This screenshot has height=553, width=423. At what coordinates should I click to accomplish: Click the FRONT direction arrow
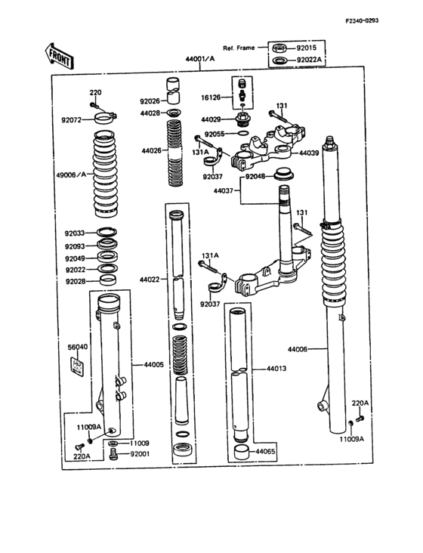[x=60, y=54]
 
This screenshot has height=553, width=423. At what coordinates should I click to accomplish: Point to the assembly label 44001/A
[x=199, y=58]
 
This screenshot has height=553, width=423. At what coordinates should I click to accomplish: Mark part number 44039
[x=310, y=153]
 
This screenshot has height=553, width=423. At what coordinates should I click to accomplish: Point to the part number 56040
[x=77, y=347]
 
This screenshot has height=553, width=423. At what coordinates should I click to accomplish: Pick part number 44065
[x=265, y=452]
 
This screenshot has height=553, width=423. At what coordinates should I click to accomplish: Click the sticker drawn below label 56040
[x=76, y=366]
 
